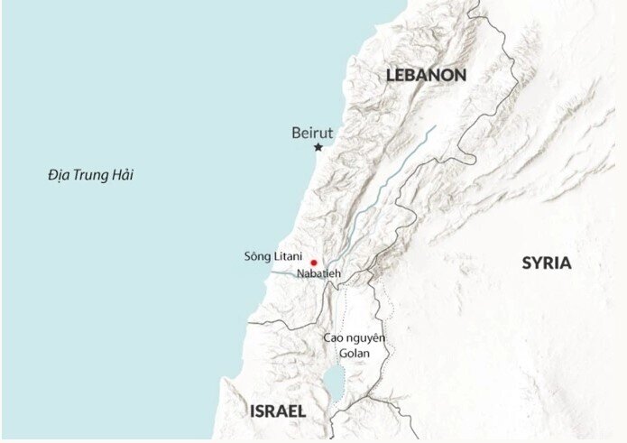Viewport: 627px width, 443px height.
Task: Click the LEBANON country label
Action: (x=426, y=75)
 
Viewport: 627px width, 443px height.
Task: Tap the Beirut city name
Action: (x=312, y=133)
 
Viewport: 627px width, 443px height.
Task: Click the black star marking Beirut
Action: (x=318, y=147)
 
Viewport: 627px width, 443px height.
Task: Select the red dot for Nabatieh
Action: (x=313, y=262)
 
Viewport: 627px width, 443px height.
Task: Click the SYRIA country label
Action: (x=546, y=263)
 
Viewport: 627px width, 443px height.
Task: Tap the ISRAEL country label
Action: (x=278, y=411)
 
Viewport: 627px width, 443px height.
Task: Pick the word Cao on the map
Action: (x=334, y=338)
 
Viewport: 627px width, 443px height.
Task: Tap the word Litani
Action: (x=287, y=257)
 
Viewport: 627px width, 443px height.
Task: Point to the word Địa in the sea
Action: (x=59, y=175)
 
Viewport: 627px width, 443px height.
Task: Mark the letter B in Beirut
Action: (x=296, y=133)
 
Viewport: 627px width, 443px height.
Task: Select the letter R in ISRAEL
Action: (x=275, y=411)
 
